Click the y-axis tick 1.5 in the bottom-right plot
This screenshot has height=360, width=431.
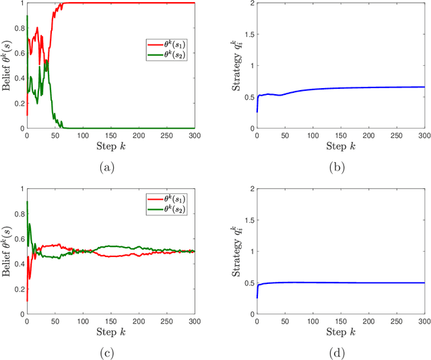pyautogui.click(x=242, y=220)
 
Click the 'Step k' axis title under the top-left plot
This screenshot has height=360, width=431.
pyautogui.click(x=110, y=146)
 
